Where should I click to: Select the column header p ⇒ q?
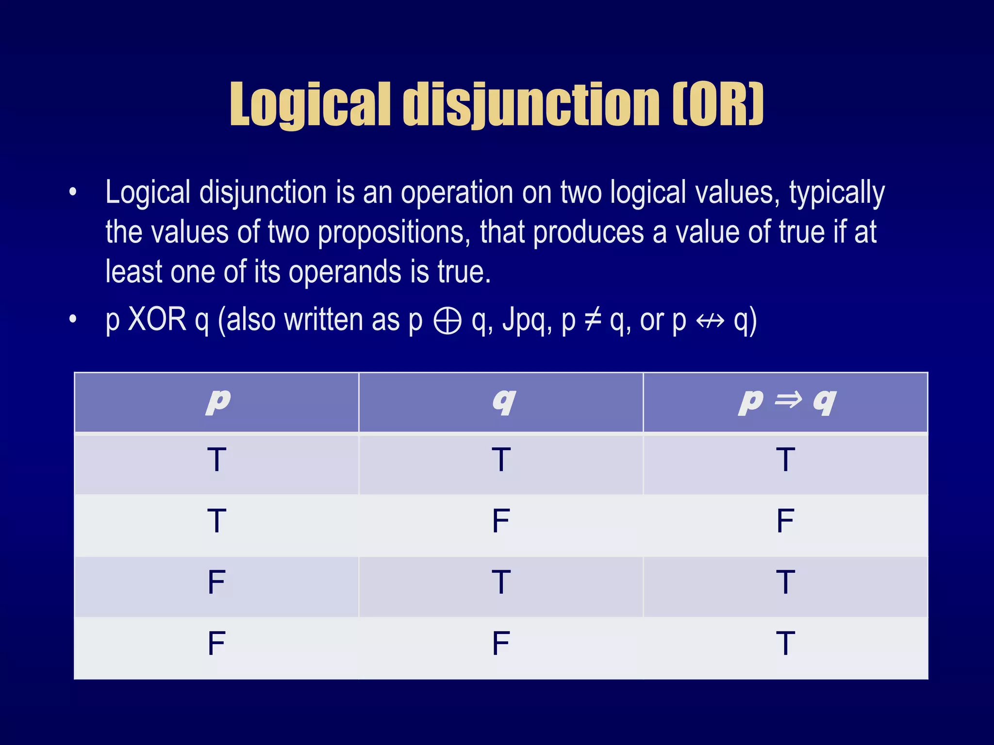tap(786, 402)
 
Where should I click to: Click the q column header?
tap(503, 402)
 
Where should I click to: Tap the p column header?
tap(217, 402)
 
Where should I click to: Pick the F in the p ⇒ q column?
tap(785, 521)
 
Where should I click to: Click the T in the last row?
tap(785, 643)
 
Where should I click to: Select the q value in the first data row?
tap(501, 460)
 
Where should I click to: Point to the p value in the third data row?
tap(216, 582)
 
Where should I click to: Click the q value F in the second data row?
tap(501, 521)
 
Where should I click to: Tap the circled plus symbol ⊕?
tap(447, 321)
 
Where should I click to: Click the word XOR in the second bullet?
tap(157, 320)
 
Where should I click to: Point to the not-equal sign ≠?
tap(593, 320)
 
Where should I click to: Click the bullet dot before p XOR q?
tap(73, 319)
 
